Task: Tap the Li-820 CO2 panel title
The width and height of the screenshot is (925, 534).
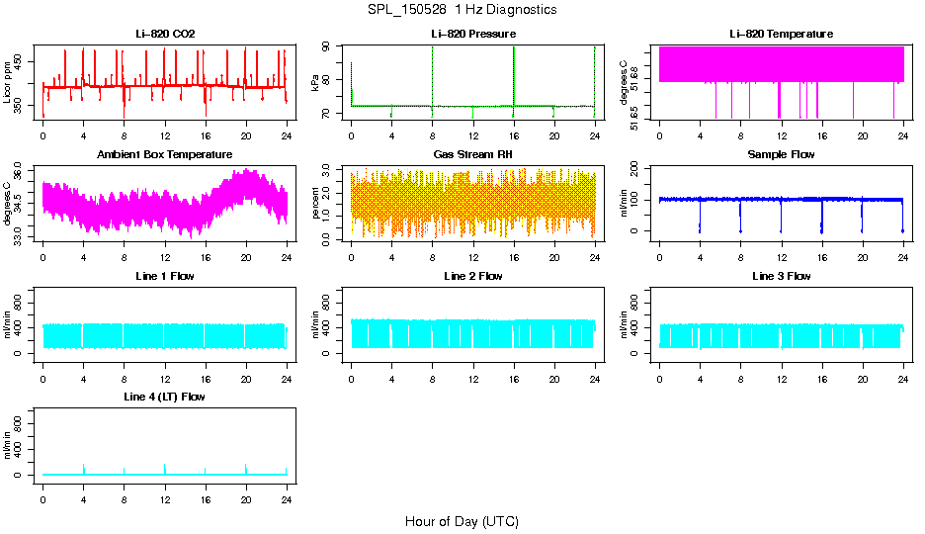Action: point(165,35)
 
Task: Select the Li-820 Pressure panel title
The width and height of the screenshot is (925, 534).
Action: point(473,35)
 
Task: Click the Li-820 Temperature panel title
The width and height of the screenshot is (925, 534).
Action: point(781,35)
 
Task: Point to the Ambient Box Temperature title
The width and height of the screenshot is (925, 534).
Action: point(165,155)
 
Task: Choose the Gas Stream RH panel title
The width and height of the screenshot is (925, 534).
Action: point(473,155)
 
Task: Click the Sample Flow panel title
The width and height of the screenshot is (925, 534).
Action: point(781,155)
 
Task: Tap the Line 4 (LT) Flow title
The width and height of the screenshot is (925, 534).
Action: point(165,397)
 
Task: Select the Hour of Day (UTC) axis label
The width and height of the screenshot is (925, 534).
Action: point(462,521)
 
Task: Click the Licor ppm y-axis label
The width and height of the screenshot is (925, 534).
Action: point(8,83)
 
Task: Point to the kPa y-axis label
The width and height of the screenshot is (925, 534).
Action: point(316,83)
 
